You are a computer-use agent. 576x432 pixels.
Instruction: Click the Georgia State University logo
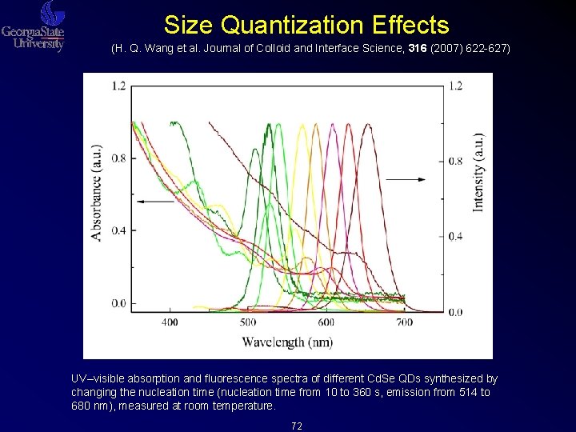[x=34, y=27]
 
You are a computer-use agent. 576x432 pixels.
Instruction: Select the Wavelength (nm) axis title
[x=287, y=342]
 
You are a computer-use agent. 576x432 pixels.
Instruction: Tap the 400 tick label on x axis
[x=170, y=322]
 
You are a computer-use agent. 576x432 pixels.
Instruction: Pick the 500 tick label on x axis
[x=248, y=322]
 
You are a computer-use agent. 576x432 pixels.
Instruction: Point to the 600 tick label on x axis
[x=326, y=322]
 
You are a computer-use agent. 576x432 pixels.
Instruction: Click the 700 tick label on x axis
[x=405, y=322]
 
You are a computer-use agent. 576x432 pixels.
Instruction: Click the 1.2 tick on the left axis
[x=118, y=86]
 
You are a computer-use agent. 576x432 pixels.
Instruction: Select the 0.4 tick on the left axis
[x=118, y=231]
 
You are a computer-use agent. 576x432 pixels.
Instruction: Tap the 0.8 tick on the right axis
[x=455, y=161]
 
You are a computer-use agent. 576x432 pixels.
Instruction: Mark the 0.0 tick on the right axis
[x=455, y=311]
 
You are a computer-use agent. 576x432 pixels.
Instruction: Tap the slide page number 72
[x=297, y=426]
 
